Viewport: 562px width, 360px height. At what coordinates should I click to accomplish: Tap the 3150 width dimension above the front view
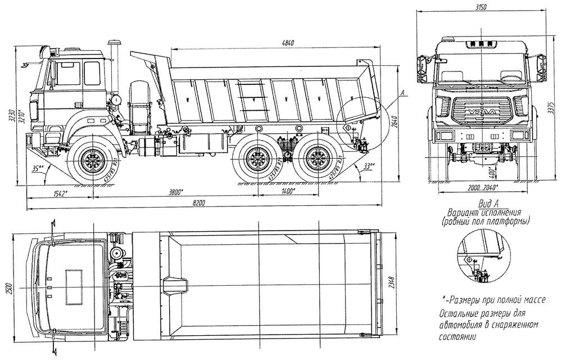click(x=479, y=7)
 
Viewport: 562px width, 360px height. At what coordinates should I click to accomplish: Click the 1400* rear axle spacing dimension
click(x=288, y=193)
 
